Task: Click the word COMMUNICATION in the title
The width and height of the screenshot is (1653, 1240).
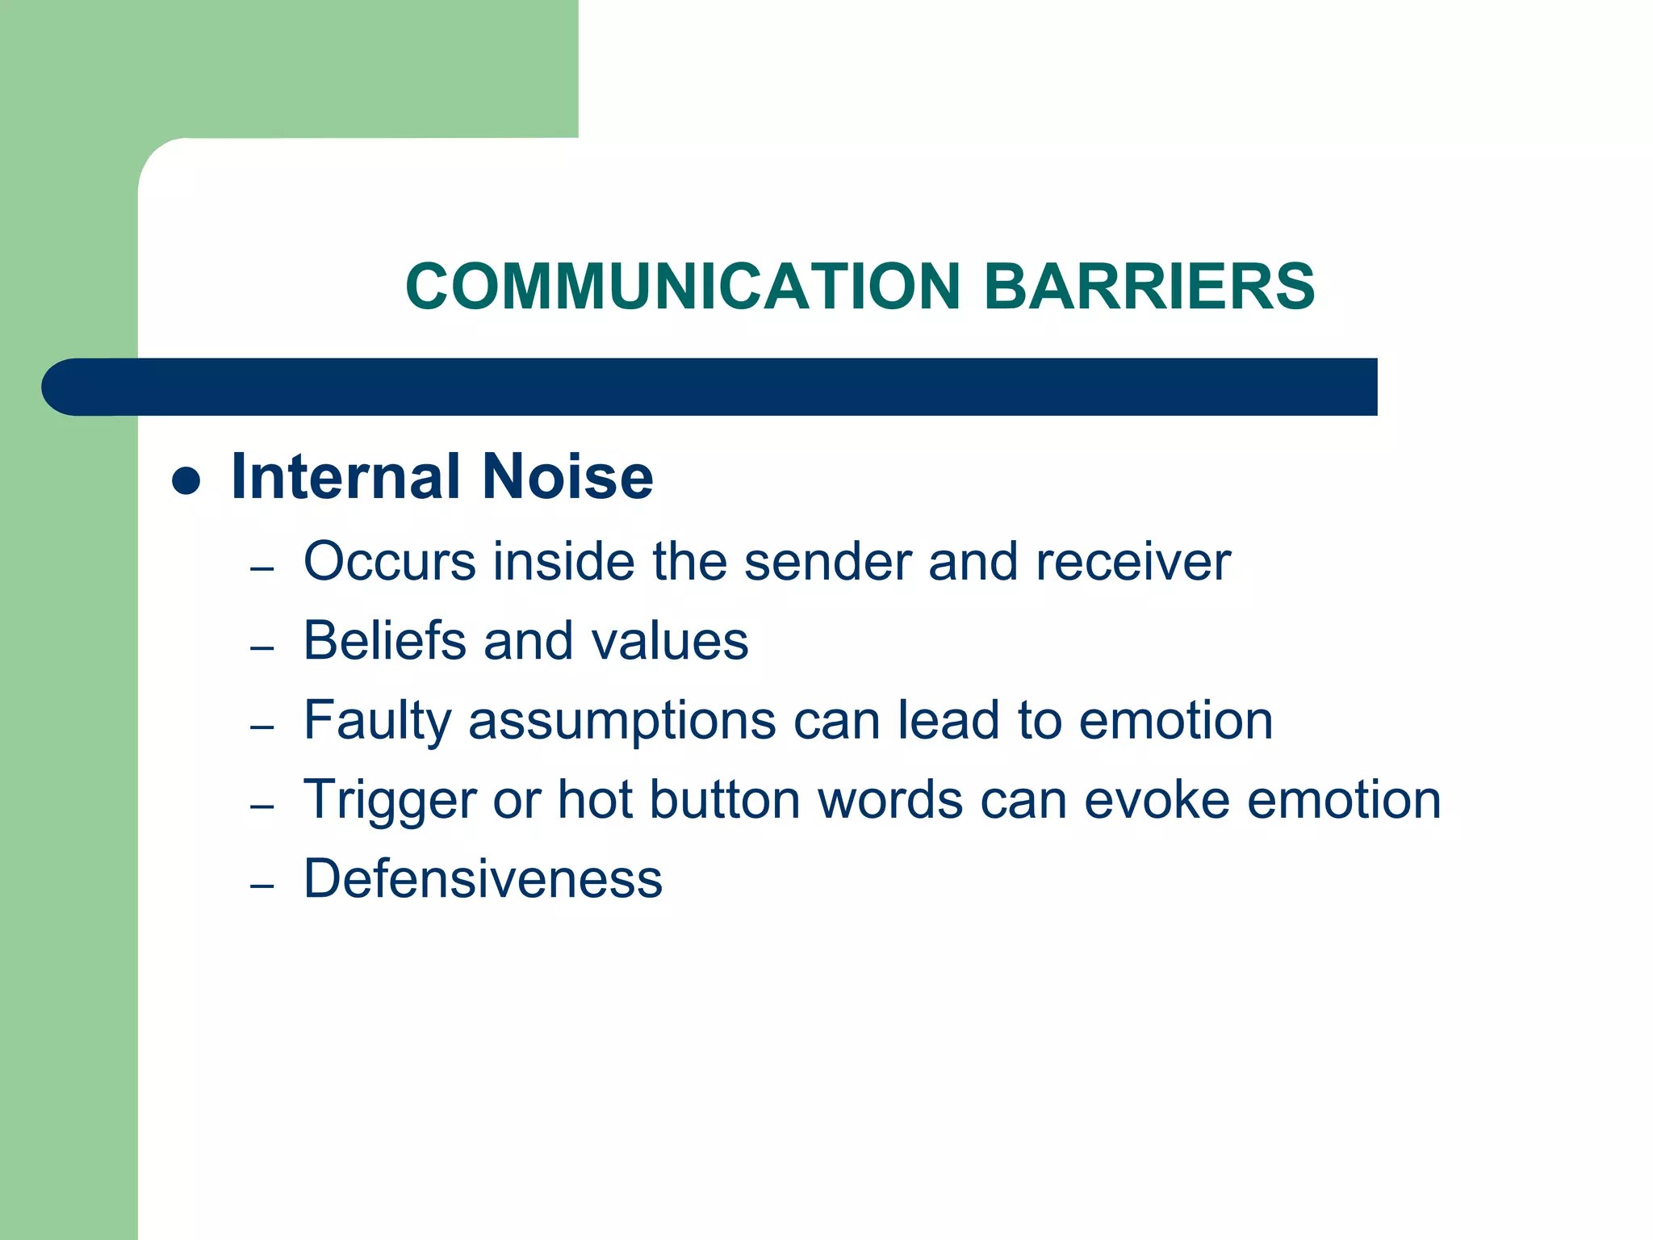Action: [683, 287]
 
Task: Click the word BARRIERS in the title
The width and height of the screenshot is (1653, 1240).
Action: [1149, 287]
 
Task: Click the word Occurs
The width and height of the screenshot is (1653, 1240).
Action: [390, 561]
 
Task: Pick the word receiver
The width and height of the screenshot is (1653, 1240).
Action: [1133, 561]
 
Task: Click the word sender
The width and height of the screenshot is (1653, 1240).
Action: [827, 561]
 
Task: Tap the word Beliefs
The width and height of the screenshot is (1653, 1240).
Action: [385, 640]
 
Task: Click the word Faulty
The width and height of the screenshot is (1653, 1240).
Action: [377, 720]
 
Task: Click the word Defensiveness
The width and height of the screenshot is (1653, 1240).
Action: [483, 878]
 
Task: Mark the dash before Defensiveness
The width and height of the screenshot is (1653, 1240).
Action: [262, 886]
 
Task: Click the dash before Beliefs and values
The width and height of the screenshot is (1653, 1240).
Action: [262, 648]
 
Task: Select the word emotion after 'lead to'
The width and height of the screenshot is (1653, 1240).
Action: [1176, 720]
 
